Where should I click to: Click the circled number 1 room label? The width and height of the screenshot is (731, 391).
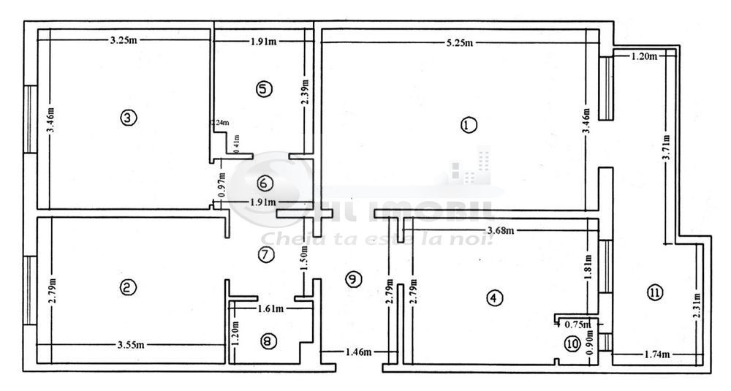tap(468, 125)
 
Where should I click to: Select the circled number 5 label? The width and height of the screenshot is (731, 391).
tap(264, 89)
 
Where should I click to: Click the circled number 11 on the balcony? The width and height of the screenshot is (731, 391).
tap(654, 293)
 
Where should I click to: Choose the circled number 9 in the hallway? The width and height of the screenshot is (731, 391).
tap(352, 278)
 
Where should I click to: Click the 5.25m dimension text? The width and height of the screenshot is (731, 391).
tap(460, 43)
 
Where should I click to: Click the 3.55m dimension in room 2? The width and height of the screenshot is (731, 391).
tap(130, 345)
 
